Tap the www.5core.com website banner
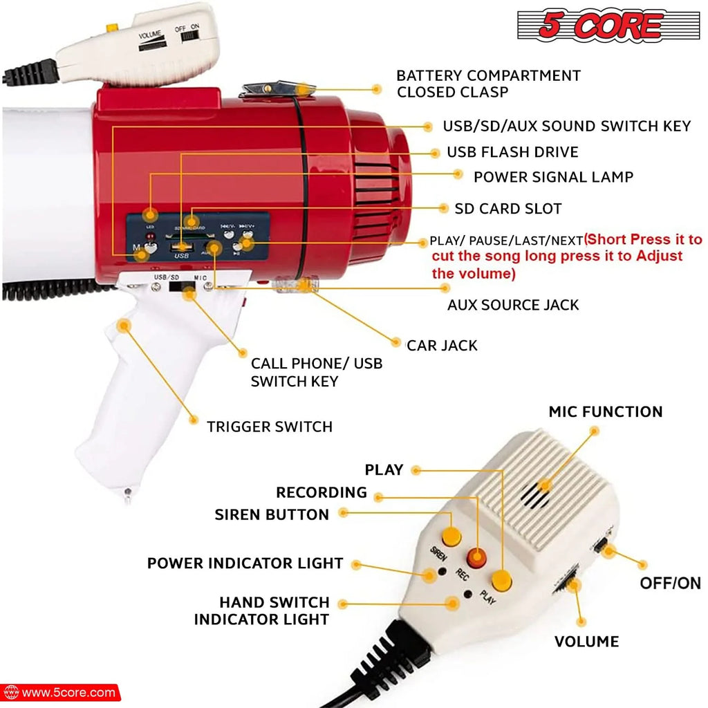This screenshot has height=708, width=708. tap(60, 692)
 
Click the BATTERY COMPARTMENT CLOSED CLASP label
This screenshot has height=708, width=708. tap(488, 84)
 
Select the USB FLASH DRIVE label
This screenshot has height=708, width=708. tap(512, 152)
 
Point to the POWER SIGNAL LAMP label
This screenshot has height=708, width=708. tap(553, 177)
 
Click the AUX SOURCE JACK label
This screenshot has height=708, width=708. tap(513, 305)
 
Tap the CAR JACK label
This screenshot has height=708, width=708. tap(442, 345)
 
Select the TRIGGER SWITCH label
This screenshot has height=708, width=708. tap(270, 427)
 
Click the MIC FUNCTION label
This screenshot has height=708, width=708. tap(606, 412)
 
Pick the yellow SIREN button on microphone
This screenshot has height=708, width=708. tap(451, 535)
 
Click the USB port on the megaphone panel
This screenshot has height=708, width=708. tap(182, 247)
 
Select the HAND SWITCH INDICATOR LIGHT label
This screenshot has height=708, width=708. tap(261, 611)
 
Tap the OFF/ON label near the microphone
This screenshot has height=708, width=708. tap(670, 583)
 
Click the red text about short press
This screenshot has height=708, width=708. tap(566, 257)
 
